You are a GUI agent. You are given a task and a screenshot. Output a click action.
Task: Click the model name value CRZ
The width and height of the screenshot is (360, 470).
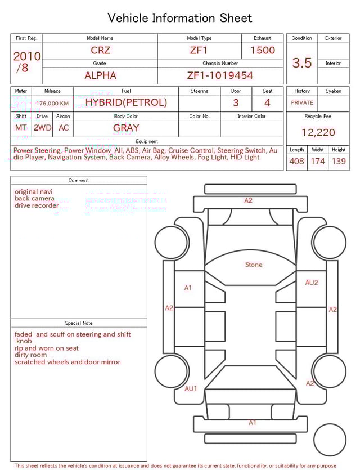(x=100, y=50)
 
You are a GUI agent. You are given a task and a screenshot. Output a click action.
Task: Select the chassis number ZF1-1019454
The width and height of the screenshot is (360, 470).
(x=220, y=75)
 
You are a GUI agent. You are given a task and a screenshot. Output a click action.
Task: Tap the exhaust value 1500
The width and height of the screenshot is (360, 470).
(x=263, y=50)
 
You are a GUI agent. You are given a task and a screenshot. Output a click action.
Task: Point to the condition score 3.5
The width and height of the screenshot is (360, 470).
(x=302, y=63)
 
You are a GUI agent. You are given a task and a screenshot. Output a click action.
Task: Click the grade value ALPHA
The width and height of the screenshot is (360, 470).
(x=100, y=75)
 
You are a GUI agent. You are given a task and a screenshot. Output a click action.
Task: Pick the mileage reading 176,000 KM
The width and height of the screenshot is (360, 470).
(x=52, y=104)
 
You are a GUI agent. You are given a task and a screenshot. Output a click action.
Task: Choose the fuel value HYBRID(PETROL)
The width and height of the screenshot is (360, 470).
(x=126, y=102)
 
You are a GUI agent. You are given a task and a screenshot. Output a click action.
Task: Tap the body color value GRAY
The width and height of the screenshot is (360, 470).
(x=126, y=128)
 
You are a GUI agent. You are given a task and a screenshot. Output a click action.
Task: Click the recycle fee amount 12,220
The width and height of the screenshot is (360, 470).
(x=318, y=133)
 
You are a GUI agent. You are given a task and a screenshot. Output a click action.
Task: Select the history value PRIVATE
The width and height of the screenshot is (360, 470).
(x=302, y=103)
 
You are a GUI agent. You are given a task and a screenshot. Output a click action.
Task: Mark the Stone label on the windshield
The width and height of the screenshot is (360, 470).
(x=254, y=265)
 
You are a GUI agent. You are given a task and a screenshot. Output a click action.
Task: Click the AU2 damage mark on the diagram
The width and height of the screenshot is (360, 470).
(x=311, y=283)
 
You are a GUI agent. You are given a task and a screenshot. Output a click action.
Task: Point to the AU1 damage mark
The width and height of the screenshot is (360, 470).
(x=191, y=388)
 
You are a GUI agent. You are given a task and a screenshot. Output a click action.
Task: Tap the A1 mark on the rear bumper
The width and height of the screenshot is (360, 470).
(x=253, y=422)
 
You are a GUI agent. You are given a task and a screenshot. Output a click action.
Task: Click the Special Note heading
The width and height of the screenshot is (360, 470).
(x=79, y=323)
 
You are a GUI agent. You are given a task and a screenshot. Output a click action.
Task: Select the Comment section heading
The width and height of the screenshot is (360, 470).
(x=79, y=181)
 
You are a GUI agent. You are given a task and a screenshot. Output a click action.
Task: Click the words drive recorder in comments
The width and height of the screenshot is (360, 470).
(x=37, y=205)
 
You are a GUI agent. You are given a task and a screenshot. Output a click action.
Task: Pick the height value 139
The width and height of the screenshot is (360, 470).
(x=339, y=162)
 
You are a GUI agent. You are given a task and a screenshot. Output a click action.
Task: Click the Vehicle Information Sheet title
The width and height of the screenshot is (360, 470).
(x=180, y=18)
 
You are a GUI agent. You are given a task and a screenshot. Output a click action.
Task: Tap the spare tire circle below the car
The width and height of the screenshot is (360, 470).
(x=330, y=440)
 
